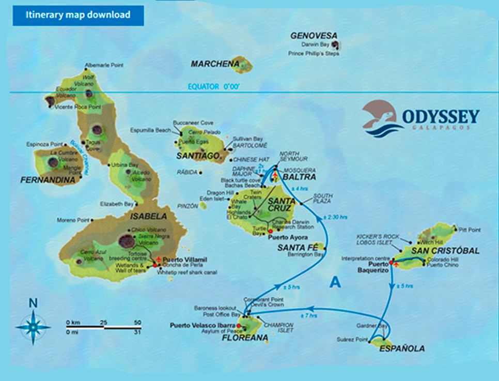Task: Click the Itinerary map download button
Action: tap(78, 14)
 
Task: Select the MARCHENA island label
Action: tap(215, 64)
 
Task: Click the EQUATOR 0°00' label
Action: tap(215, 86)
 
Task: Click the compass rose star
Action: tap(33, 327)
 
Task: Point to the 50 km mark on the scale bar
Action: tap(137, 323)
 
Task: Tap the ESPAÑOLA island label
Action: tap(402, 349)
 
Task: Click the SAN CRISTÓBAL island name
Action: tap(445, 251)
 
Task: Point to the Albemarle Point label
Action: tap(105, 66)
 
